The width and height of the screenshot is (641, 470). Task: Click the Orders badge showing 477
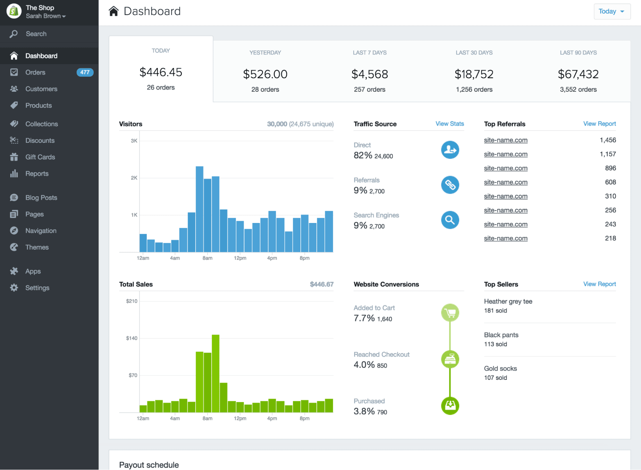[85, 72]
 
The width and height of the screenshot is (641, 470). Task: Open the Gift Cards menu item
[40, 157]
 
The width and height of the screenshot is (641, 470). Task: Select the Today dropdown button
[612, 12]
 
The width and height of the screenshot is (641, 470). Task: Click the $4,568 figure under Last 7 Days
[369, 74]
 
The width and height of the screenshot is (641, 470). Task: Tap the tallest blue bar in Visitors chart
[199, 209]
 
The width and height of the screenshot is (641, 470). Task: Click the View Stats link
[450, 124]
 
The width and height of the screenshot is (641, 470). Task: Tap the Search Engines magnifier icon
[450, 220]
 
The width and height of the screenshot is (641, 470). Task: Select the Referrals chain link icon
[450, 185]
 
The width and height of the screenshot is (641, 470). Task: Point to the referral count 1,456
[608, 140]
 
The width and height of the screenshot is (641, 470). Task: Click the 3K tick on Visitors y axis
[134, 141]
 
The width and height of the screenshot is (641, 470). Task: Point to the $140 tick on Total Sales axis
[131, 338]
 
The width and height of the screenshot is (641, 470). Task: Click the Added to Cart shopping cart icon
[450, 312]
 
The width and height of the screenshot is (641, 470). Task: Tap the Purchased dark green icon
[450, 406]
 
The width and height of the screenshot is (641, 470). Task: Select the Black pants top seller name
[501, 335]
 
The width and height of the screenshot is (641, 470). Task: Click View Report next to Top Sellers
[599, 284]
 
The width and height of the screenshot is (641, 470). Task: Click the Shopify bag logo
[14, 12]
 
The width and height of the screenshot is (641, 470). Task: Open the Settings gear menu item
[37, 288]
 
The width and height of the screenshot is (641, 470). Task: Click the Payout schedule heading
[149, 465]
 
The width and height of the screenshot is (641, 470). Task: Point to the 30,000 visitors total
[277, 124]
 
